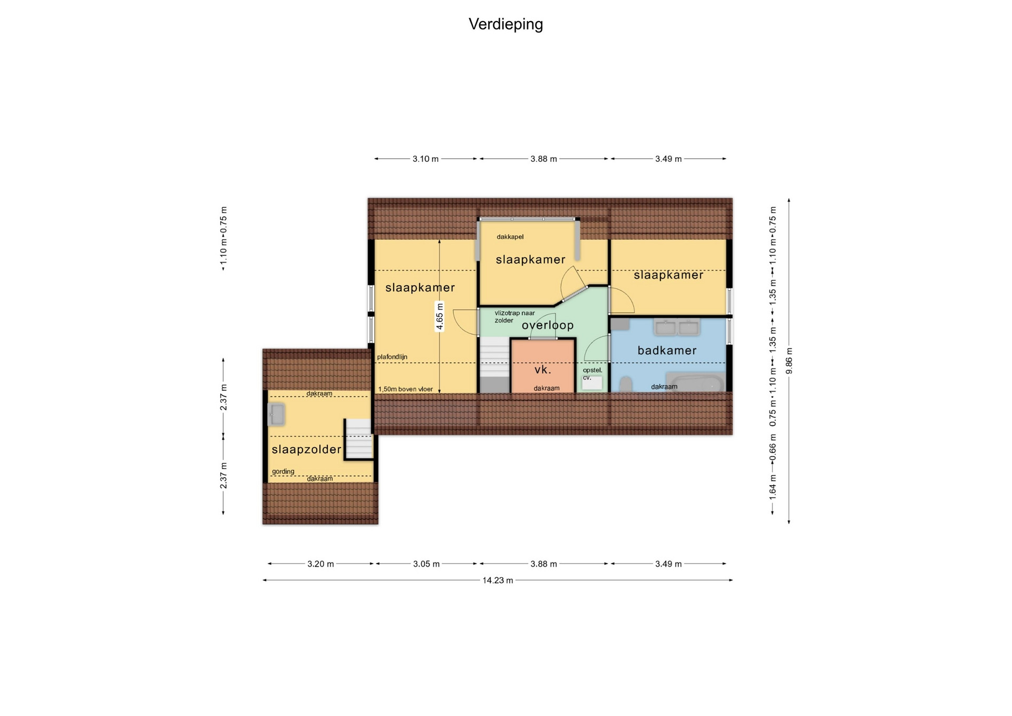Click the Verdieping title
coord(505,24)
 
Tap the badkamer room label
coord(667,350)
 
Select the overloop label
coord(548,325)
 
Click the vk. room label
coord(542,370)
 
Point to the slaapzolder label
coord(306,449)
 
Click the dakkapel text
coord(510,237)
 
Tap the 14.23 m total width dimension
coord(498,580)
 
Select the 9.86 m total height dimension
coord(789,361)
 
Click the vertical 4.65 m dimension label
coord(440,316)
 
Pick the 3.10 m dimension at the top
coord(425,159)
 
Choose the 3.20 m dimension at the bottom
coord(320,564)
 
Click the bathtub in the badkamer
coord(695,382)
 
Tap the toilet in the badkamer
coord(626,384)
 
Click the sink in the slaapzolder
coord(276,414)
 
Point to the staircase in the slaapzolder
coord(358,439)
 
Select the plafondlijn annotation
coord(392,357)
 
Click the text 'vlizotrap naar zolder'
coord(514,316)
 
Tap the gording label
coord(283,471)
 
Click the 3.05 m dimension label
coord(426,564)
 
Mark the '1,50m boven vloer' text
coord(405,389)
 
